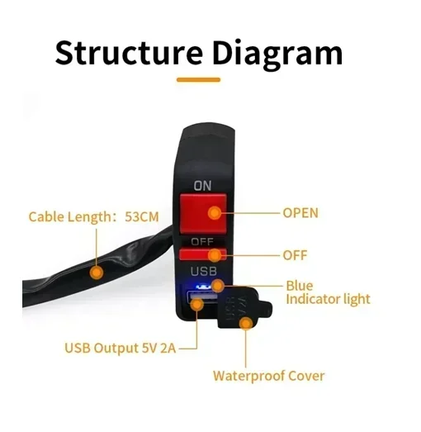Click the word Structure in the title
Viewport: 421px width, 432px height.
129,52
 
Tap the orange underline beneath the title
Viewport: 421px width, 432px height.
198,80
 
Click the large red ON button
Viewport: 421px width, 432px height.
203,213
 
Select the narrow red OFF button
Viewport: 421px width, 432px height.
203,254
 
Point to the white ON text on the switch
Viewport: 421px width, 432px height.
202,186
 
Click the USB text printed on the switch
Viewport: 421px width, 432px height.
203,272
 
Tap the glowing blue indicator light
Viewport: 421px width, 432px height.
203,287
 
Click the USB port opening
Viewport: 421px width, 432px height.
201,297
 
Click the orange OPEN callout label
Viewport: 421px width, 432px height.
300,213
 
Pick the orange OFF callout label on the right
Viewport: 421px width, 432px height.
295,255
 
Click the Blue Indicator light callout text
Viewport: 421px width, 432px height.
328,292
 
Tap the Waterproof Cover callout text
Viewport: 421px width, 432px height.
269,376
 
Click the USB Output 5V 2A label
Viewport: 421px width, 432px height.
120,348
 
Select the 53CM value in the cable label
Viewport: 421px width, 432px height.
142,217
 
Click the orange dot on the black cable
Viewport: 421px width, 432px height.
97,273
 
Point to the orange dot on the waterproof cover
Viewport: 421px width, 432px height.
246,323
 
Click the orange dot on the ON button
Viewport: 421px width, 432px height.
215,213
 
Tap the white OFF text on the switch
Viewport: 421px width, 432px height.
202,242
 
